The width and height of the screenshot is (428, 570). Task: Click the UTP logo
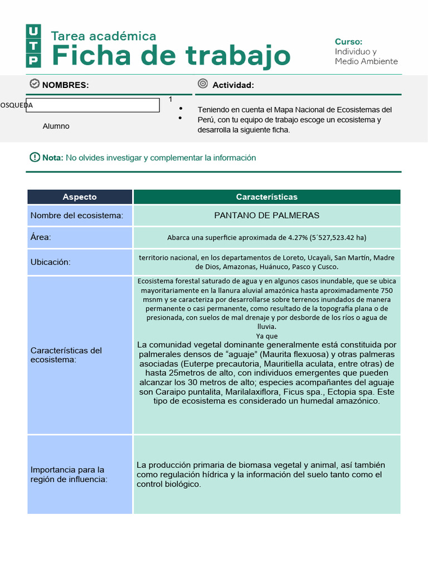[x=33, y=46]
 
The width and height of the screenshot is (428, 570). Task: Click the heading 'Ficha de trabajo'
[x=171, y=56]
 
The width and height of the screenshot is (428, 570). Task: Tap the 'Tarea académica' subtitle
[x=104, y=36]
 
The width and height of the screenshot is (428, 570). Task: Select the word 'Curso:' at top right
[x=348, y=42]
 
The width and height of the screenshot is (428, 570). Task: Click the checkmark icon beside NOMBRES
[x=35, y=84]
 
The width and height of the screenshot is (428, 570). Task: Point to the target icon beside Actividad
[x=203, y=84]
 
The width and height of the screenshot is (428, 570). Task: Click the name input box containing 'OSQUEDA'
[x=84, y=105]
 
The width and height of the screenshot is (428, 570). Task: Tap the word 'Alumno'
[x=56, y=126]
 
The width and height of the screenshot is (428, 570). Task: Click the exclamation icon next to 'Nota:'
[x=35, y=158]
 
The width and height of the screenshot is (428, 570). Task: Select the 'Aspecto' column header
[x=80, y=197]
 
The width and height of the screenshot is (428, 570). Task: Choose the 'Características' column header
[x=266, y=197]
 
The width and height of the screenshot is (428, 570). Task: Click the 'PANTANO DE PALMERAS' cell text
[x=266, y=215]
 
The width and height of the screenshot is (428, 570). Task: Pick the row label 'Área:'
[x=41, y=238]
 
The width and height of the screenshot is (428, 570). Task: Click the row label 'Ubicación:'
[x=50, y=262]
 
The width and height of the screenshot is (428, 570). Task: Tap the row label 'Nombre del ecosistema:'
[x=77, y=215]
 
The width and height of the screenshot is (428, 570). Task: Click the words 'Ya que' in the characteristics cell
[x=266, y=336]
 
